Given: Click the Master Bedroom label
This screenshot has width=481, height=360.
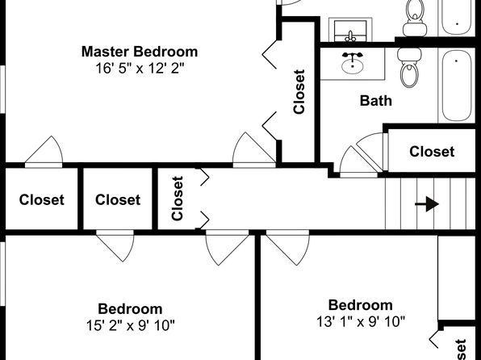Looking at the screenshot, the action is tap(140, 52).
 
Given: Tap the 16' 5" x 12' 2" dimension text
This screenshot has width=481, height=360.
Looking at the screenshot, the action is tap(140, 68).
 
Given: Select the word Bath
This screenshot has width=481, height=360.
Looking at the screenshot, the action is tap(376, 101).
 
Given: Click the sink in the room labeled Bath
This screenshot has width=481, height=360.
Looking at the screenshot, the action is tap(353, 64).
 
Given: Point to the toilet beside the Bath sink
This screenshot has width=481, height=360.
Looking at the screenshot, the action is tap(409, 68).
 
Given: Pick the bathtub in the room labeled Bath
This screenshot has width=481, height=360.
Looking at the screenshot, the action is tap(457, 86).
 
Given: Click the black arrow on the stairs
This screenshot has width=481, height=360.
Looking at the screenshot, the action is tap(427, 204).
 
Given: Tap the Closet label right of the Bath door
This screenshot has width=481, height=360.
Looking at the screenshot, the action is tap(432, 152).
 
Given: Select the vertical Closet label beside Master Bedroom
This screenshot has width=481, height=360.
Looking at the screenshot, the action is tap(299, 92).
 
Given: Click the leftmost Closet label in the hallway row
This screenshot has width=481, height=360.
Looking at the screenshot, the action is tap(42, 200).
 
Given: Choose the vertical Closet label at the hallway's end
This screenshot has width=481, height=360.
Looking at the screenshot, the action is tap(178, 199).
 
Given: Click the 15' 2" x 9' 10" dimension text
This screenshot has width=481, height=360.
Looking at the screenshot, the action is tap(131, 325).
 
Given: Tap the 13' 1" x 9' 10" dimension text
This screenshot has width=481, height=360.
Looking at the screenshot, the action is tap(361, 321).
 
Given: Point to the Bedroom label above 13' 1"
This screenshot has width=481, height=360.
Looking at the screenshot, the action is tap(361, 305).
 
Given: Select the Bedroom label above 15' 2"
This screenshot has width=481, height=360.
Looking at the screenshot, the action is tap(131, 309).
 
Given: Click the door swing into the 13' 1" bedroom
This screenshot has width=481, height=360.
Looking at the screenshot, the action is tap(288, 247).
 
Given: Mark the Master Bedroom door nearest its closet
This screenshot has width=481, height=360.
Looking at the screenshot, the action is tap(253, 150).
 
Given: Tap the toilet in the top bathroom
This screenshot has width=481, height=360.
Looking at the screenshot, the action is tap(415, 18).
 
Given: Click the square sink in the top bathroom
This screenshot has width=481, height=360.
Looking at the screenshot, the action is tap(350, 30).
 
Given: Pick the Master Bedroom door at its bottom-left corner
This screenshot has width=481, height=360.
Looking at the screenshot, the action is tap(44, 152).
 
